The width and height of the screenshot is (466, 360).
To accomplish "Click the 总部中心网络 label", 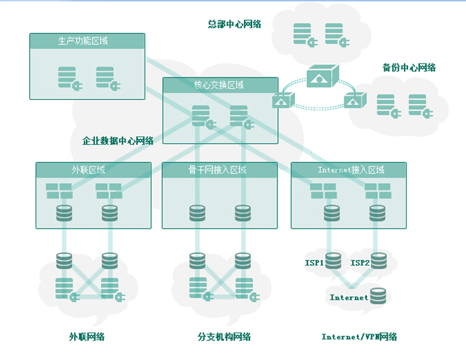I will (234, 24).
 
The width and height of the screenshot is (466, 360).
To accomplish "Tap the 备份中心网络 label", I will (409, 68).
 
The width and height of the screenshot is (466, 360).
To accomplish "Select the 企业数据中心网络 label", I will (113, 141).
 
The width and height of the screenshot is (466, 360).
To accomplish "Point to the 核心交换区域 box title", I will (219, 85).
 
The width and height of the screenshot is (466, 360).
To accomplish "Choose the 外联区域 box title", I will (88, 170).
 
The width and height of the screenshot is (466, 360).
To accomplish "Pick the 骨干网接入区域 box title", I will (217, 170).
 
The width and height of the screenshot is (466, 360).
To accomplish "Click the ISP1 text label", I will (314, 264).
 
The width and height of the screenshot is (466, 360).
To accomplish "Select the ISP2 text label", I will (360, 264).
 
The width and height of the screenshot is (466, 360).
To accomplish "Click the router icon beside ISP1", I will (333, 261).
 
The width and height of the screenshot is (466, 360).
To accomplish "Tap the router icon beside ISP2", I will (378, 261).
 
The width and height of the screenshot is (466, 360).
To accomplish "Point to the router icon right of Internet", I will (378, 297).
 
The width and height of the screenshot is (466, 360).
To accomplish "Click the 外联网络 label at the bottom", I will (87, 337).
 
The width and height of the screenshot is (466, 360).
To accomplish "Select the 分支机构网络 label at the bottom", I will (224, 337).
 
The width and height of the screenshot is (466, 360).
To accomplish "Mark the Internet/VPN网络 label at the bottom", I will (359, 337).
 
